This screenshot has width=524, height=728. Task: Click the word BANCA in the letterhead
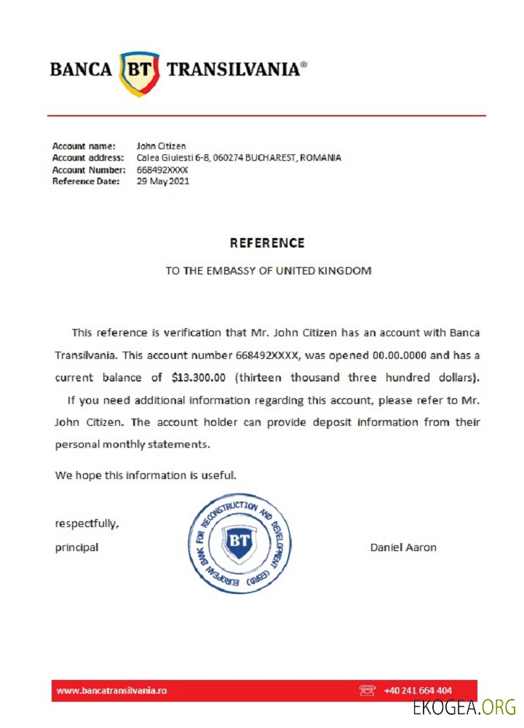click(x=81, y=70)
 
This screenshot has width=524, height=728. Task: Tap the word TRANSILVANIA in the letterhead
click(x=233, y=70)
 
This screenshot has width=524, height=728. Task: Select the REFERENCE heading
click(x=267, y=243)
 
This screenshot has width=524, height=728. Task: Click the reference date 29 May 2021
click(x=163, y=181)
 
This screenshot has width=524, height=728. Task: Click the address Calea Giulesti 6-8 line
click(x=239, y=158)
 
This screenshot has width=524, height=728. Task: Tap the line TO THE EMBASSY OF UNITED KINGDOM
click(x=268, y=271)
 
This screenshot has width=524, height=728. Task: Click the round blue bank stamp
click(x=239, y=542)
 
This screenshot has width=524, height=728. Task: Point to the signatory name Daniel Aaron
click(x=403, y=547)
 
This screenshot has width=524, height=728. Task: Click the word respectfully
click(x=87, y=523)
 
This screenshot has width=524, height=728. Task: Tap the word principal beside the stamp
click(x=76, y=547)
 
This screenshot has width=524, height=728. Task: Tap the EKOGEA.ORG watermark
click(x=464, y=707)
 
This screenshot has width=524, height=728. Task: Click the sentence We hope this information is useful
click(x=146, y=475)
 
